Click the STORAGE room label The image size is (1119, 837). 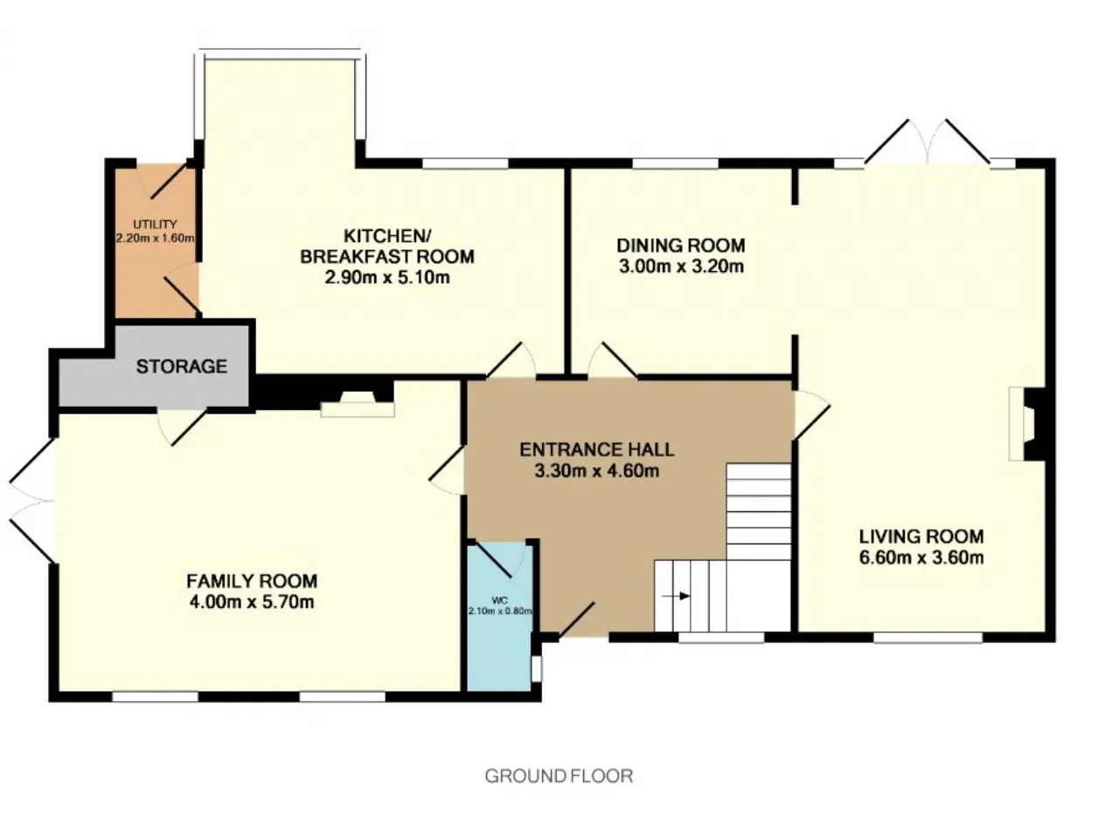(182, 366)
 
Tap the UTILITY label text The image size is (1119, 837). (155, 225)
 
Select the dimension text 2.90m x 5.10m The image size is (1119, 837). (387, 277)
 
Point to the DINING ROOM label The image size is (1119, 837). (680, 246)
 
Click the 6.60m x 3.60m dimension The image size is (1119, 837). (921, 557)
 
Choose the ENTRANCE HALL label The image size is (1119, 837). (596, 450)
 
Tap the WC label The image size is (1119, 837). (500, 600)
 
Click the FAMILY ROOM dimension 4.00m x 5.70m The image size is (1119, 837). (252, 602)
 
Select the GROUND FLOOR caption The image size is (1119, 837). (559, 776)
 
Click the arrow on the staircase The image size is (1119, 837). (676, 596)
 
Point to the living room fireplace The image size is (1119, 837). (1026, 424)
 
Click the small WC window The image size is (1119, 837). (536, 669)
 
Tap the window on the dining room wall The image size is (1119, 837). (676, 164)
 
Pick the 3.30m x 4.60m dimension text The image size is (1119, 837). (596, 471)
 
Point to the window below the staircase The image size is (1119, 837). (721, 638)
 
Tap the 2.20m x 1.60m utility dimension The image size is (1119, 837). (156, 238)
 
